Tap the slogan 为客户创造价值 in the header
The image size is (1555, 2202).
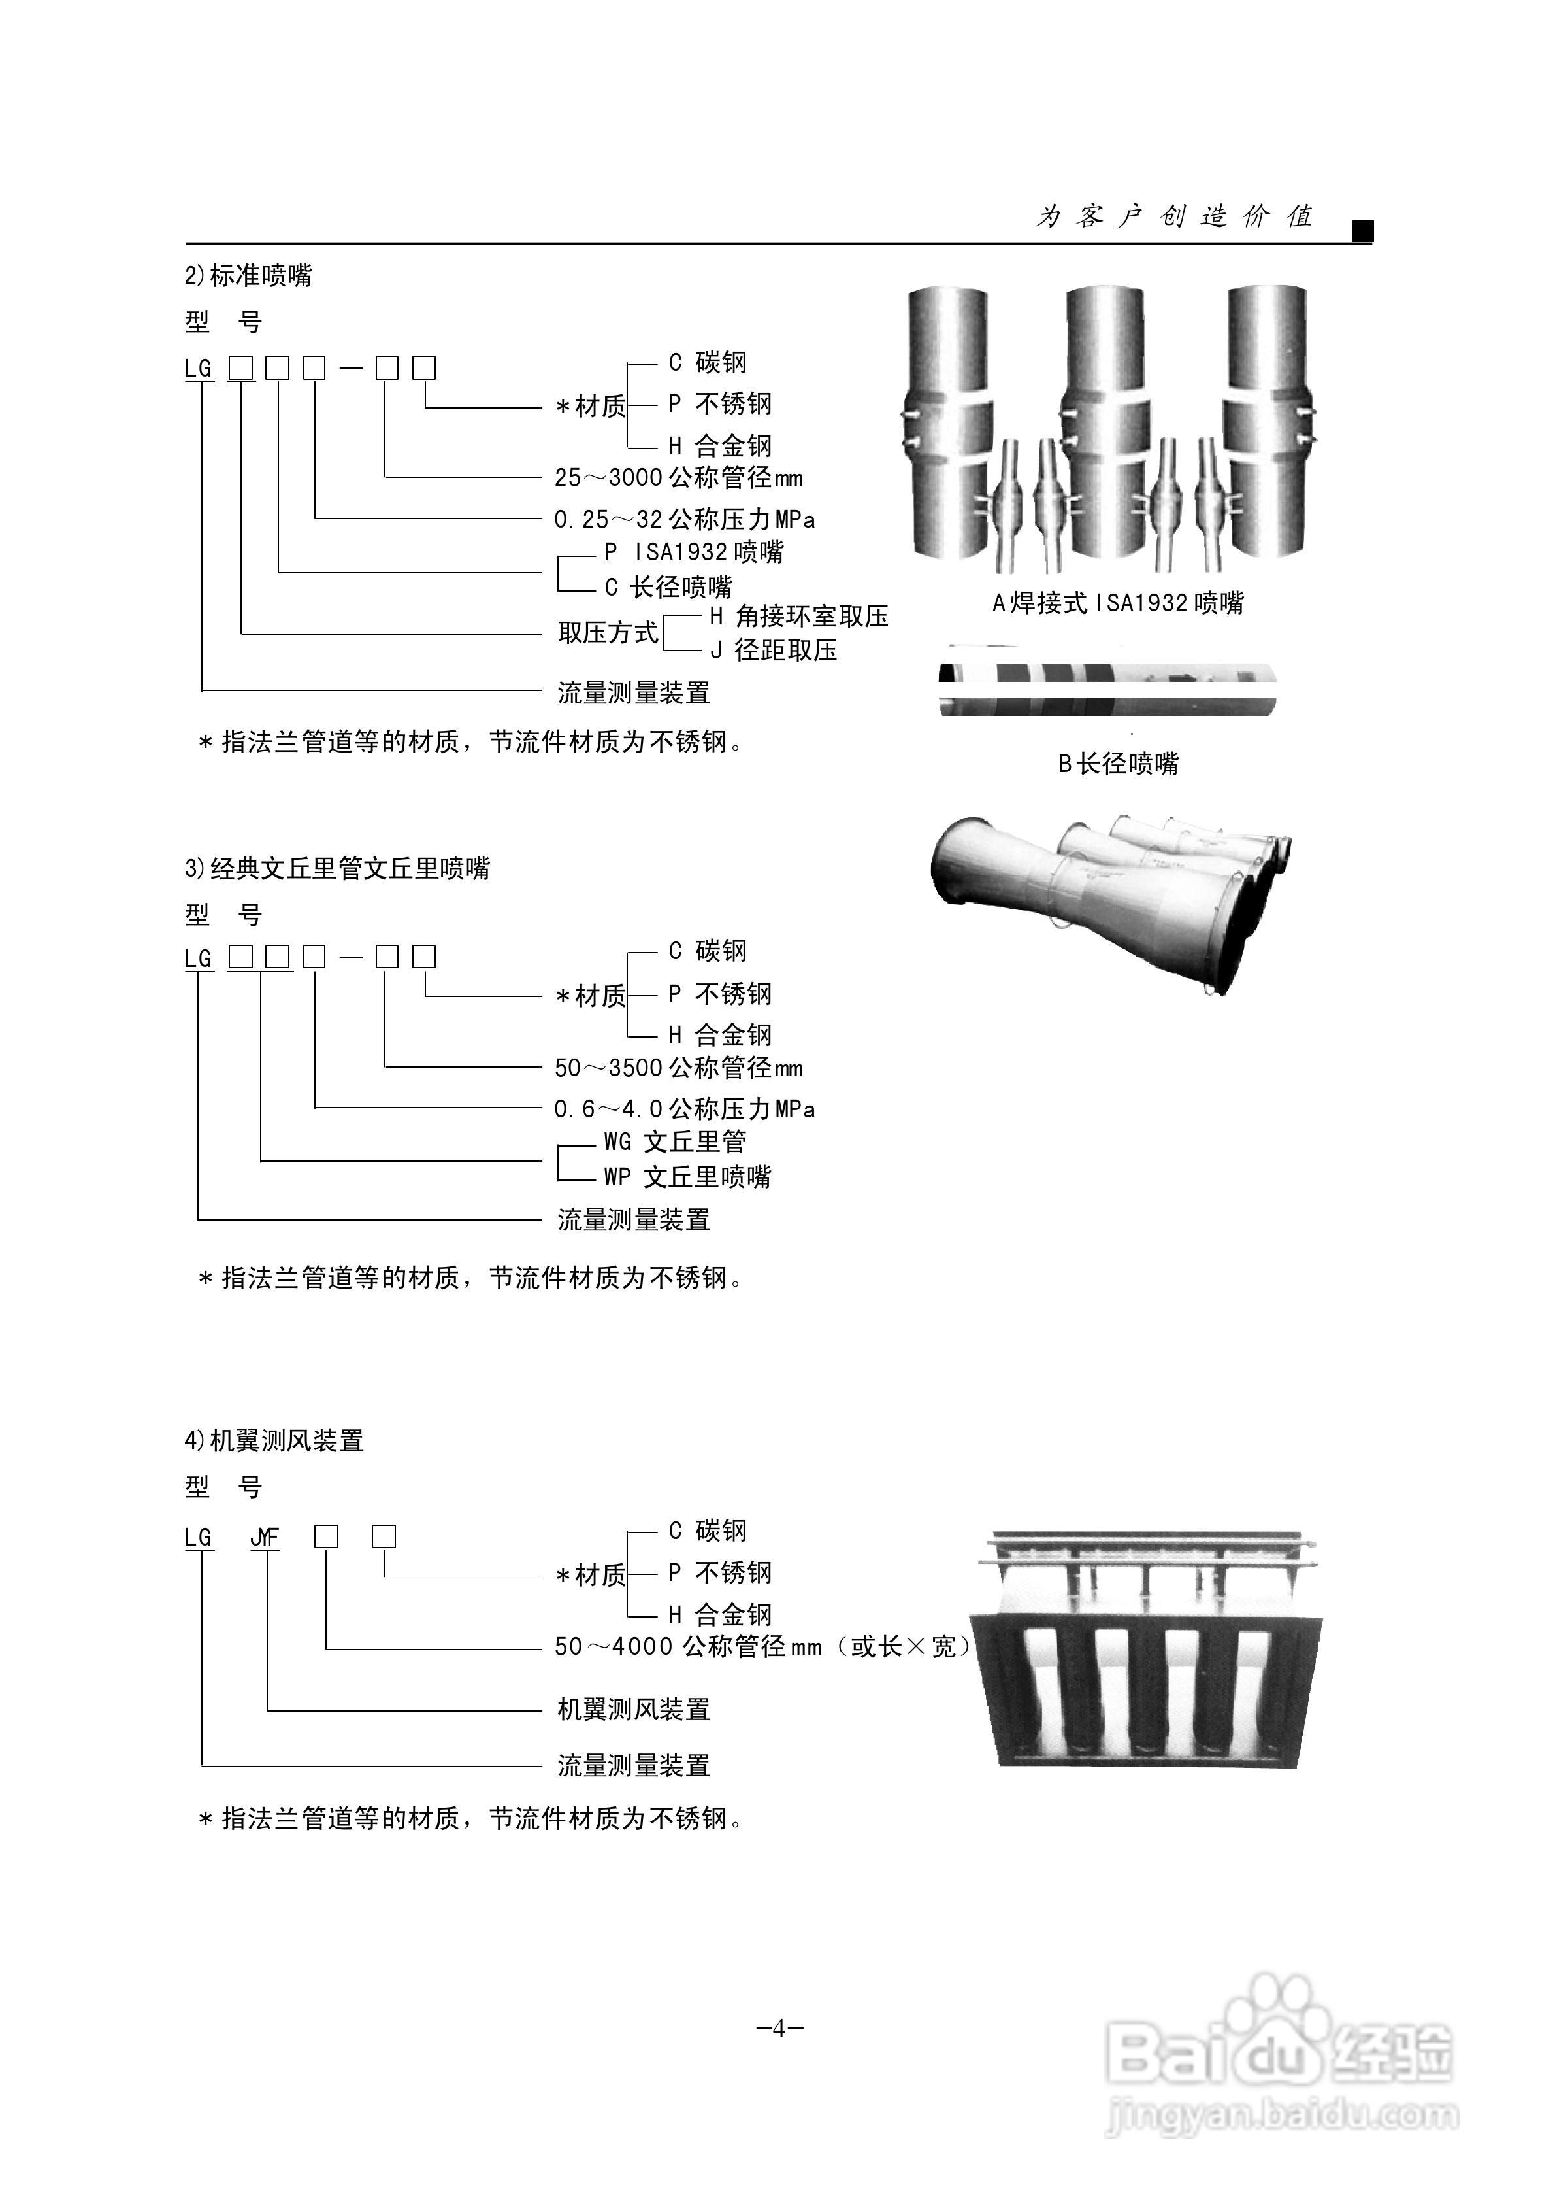[1173, 217]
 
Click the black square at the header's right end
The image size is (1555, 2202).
[1362, 231]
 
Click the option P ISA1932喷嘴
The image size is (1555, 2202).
[693, 552]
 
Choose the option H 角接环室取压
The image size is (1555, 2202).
[798, 617]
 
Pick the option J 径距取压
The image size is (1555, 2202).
[774, 651]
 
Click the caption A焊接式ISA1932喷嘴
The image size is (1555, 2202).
[1118, 603]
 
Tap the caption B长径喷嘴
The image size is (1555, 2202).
[1118, 764]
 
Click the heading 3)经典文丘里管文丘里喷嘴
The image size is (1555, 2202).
[337, 869]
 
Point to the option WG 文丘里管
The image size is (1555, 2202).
[675, 1142]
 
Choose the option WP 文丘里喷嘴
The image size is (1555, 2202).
[687, 1177]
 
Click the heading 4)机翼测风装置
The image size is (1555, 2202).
[274, 1440]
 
